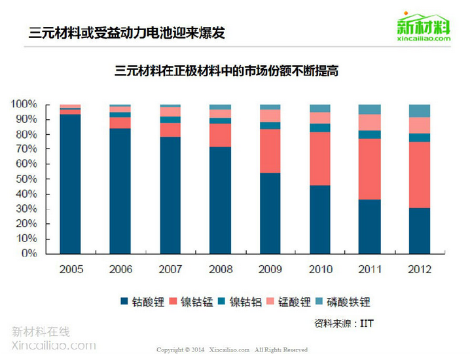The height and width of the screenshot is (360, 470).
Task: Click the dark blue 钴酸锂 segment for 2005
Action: click(x=70, y=183)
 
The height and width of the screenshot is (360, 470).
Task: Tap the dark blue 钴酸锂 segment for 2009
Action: click(x=270, y=213)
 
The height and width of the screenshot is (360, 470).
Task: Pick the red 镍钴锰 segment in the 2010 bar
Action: click(x=320, y=158)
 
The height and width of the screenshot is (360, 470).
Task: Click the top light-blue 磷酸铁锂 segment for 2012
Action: click(x=420, y=111)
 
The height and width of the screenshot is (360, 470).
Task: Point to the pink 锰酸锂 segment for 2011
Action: click(x=370, y=122)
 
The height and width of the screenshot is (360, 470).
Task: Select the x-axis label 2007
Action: click(x=170, y=269)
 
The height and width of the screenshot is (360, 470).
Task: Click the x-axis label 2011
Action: click(x=370, y=269)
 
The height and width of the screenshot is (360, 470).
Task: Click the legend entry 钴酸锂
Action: click(x=141, y=302)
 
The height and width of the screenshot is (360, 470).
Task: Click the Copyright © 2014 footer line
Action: click(x=232, y=350)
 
